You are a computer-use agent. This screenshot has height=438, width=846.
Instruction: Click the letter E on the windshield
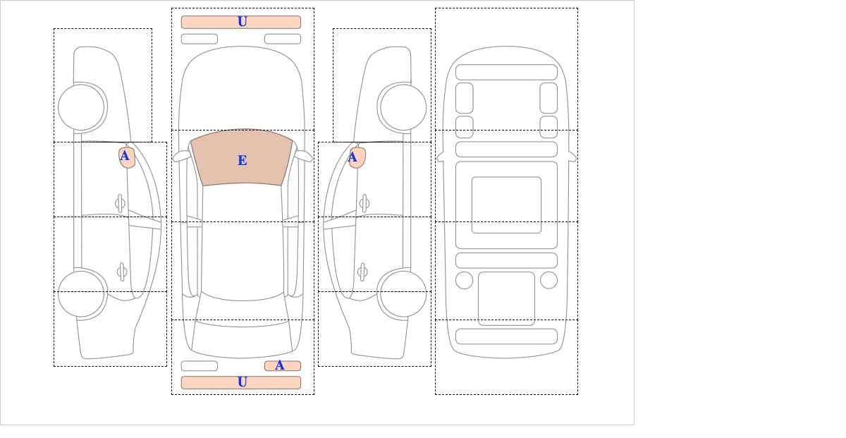(243, 161)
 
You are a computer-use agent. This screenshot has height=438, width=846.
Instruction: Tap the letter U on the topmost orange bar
(243, 22)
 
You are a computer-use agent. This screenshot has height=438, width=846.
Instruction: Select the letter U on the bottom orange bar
(243, 382)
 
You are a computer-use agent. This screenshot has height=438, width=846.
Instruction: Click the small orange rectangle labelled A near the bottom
(283, 366)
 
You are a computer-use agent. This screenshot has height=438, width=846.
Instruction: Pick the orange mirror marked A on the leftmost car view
(127, 157)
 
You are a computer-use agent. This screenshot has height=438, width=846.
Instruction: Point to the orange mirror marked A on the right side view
(357, 157)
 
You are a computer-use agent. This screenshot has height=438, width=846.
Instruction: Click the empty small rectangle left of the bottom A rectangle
(200, 366)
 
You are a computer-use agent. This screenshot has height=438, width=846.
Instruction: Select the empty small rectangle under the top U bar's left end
(200, 39)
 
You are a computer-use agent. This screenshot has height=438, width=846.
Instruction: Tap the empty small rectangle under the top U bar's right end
(283, 39)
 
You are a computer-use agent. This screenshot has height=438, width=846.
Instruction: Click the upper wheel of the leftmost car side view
(81, 107)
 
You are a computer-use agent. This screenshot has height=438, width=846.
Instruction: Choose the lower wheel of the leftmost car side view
(81, 293)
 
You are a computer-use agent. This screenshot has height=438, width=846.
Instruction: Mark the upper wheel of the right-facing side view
(403, 107)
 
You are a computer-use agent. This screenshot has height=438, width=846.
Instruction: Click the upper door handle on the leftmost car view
(120, 204)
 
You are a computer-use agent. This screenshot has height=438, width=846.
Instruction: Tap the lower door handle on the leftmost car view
(122, 272)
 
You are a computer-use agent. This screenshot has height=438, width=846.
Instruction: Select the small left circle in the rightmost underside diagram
(464, 281)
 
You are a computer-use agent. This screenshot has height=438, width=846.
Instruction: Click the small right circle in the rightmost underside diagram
(548, 281)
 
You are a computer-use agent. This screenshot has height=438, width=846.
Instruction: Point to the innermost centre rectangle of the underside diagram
(506, 205)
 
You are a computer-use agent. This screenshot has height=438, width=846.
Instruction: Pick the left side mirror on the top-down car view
(181, 156)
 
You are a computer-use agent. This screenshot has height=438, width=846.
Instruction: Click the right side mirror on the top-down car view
(303, 156)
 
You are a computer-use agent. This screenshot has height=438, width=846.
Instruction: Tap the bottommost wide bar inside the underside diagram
(506, 336)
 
